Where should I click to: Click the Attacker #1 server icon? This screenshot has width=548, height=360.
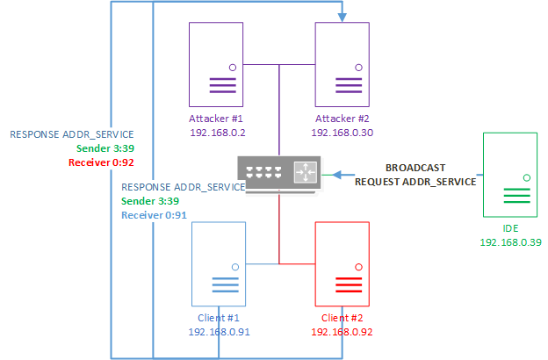pyautogui.click(x=216, y=64)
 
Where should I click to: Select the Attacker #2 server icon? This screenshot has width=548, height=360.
pyautogui.click(x=342, y=64)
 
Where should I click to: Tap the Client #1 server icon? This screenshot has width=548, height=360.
pyautogui.click(x=219, y=263)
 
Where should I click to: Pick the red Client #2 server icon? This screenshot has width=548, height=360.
pyautogui.click(x=342, y=263)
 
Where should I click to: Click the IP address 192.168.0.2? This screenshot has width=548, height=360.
pyautogui.click(x=215, y=133)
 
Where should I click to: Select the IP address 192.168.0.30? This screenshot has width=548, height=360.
pyautogui.click(x=342, y=133)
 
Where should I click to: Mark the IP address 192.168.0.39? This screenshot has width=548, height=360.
pyautogui.click(x=510, y=241)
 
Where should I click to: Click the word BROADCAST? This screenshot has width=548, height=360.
pyautogui.click(x=415, y=167)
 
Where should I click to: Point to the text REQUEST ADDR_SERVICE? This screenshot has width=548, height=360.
pyautogui.click(x=415, y=181)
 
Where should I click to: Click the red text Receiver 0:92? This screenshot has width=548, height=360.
pyautogui.click(x=101, y=162)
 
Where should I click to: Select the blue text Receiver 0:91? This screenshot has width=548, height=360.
pyautogui.click(x=153, y=214)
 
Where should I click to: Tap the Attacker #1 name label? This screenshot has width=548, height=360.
pyautogui.click(x=215, y=119)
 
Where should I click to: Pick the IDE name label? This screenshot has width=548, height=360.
pyautogui.click(x=510, y=227)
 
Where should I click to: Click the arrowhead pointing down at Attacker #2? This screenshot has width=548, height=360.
pyautogui.click(x=342, y=15)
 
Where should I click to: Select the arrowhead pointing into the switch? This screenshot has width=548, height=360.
pyautogui.click(x=324, y=174)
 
